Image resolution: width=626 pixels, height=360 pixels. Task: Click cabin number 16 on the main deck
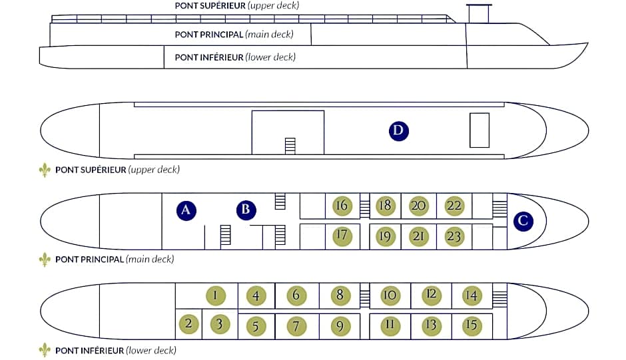click(x=342, y=206)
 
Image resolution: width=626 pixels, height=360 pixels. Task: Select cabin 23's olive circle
click(x=454, y=237)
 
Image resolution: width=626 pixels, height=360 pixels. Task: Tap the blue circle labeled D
click(x=399, y=131)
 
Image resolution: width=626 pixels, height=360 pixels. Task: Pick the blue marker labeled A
click(x=186, y=210)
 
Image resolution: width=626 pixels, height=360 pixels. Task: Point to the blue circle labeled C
click(x=523, y=221)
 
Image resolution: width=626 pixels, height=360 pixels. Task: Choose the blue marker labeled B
click(x=246, y=210)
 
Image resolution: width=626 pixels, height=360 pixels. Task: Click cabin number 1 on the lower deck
click(x=216, y=295)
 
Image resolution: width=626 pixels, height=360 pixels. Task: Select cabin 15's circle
click(x=472, y=325)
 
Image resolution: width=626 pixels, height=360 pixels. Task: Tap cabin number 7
click(x=296, y=327)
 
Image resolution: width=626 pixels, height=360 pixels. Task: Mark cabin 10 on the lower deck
click(x=390, y=295)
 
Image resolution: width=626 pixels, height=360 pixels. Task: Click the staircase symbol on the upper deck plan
click(x=290, y=146)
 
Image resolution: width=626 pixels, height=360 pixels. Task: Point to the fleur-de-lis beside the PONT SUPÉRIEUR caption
click(x=45, y=170)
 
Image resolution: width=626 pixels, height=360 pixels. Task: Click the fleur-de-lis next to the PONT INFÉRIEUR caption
click(x=45, y=351)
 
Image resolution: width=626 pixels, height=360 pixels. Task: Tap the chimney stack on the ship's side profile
click(x=479, y=13)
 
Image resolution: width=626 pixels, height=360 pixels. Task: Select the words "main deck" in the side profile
click(x=270, y=35)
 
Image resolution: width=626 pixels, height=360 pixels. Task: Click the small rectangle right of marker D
click(x=479, y=130)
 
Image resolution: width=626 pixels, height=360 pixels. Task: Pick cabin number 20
click(x=418, y=206)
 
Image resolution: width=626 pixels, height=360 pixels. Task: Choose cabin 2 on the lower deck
click(x=189, y=323)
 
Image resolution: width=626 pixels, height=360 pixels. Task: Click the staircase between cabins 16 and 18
click(x=365, y=206)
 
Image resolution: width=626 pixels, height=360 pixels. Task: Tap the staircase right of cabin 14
click(x=499, y=295)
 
